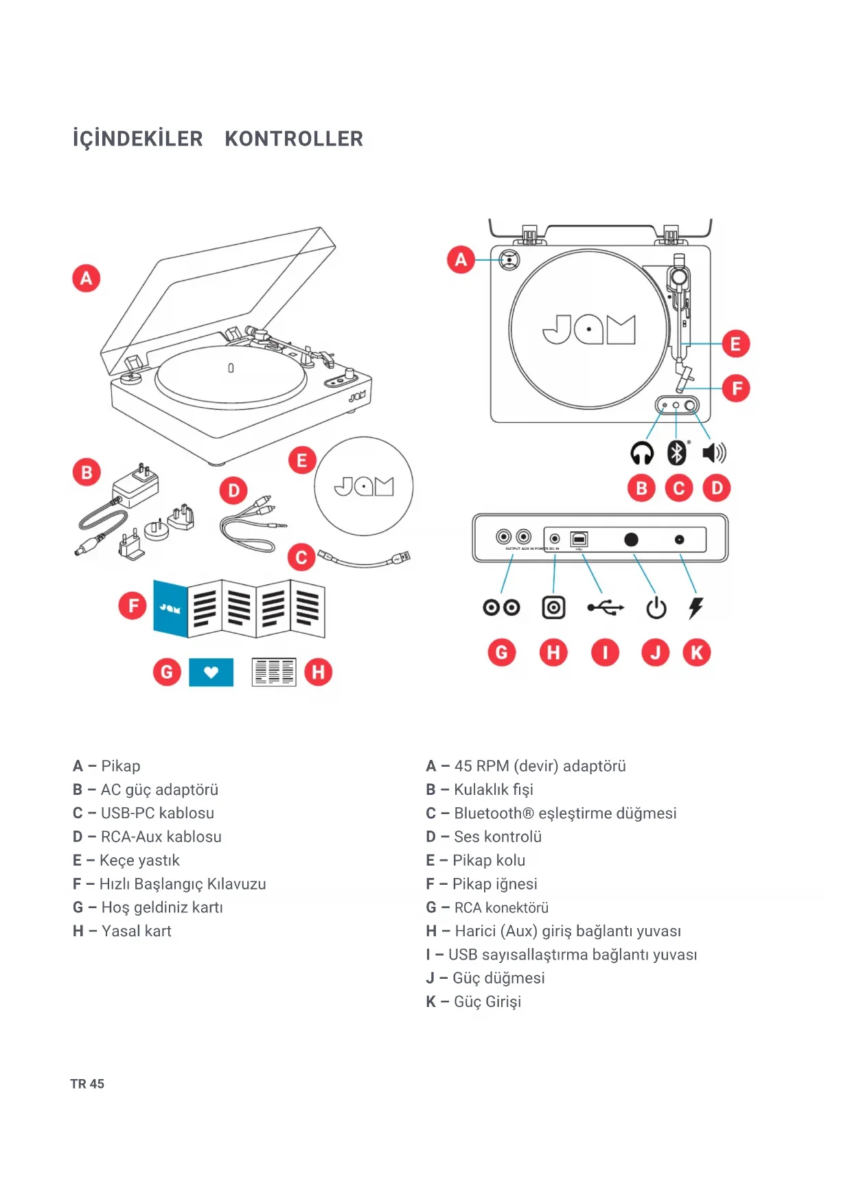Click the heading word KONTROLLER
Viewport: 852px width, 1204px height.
(x=294, y=139)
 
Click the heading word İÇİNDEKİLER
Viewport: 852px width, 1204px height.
(x=138, y=139)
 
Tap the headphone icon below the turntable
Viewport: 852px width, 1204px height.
(x=642, y=453)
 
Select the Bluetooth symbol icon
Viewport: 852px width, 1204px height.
(x=677, y=452)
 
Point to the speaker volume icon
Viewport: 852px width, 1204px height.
(x=714, y=452)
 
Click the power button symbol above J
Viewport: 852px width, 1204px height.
(x=656, y=607)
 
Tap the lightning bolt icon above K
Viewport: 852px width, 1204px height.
(x=696, y=607)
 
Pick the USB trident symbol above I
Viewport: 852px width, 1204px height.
(x=606, y=607)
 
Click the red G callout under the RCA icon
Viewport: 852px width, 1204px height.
(x=502, y=652)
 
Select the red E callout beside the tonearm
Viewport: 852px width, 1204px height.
(x=735, y=344)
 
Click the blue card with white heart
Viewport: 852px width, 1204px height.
(x=211, y=672)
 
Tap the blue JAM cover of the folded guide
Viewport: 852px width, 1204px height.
(x=170, y=608)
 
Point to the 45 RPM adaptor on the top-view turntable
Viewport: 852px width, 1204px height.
(x=509, y=259)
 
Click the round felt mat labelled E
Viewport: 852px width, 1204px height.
(x=364, y=486)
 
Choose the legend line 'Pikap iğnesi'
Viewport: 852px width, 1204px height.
(x=494, y=884)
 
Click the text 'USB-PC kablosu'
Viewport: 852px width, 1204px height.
(x=157, y=813)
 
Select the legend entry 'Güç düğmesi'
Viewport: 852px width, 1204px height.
(x=498, y=978)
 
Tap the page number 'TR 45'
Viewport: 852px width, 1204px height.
(x=87, y=1084)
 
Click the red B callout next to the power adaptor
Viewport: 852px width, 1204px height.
(x=87, y=472)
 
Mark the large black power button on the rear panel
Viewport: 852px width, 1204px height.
(x=631, y=540)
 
